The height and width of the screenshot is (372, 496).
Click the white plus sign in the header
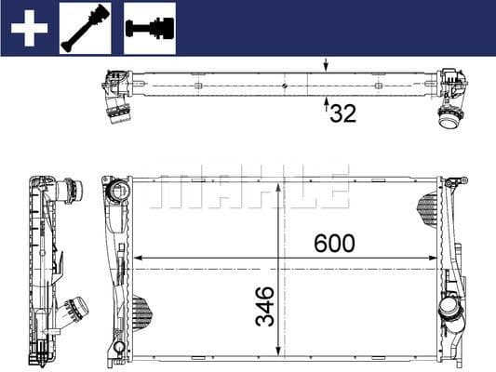pyautogui.click(x=28, y=28)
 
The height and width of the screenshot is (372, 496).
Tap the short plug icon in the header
pyautogui.click(x=149, y=28)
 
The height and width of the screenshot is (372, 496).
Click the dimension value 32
pyautogui.click(x=343, y=113)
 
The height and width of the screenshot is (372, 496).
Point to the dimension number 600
pyautogui.click(x=334, y=244)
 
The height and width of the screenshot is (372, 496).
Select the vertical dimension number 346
pyautogui.click(x=265, y=306)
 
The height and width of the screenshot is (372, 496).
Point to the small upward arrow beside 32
pyautogui.click(x=326, y=106)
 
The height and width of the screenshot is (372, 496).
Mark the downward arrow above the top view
pyautogui.click(x=326, y=65)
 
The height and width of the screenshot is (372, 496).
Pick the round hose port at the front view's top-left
pyautogui.click(x=118, y=193)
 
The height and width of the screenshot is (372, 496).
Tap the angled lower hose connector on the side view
pyautogui.click(x=73, y=308)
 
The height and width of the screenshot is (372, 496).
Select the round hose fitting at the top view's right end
pyautogui.click(x=449, y=118)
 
